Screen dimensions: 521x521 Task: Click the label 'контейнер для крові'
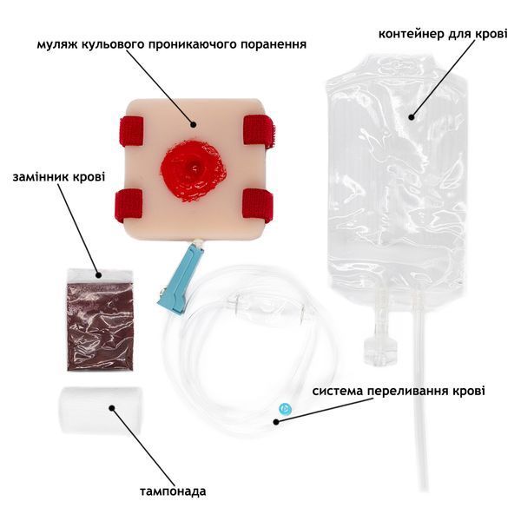tap(443, 34)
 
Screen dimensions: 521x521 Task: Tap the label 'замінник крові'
tap(59, 176)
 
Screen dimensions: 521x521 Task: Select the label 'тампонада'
tap(173, 491)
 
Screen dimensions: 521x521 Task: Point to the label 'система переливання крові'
tap(399, 391)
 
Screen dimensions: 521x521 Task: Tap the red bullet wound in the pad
tap(194, 172)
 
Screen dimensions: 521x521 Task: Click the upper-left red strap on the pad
tap(131, 132)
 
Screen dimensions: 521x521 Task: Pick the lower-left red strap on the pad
tap(129, 205)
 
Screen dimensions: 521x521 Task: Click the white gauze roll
tap(99, 411)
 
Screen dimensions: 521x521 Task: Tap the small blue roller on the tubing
tap(284, 408)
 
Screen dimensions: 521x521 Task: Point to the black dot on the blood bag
tap(412, 117)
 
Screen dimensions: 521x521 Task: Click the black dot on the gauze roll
tap(112, 408)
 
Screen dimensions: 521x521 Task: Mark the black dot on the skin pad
tap(194, 124)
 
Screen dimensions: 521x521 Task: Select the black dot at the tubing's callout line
tap(276, 422)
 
